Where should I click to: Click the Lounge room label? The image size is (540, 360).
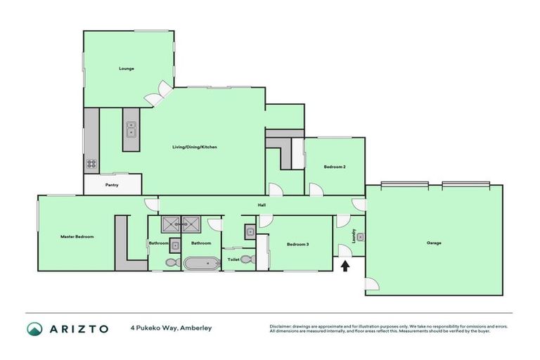(127, 68)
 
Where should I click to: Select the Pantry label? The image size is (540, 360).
(112, 185)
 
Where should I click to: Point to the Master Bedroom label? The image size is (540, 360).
(77, 236)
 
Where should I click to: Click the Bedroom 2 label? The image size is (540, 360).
(334, 167)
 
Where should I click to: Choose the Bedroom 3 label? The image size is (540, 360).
(297, 244)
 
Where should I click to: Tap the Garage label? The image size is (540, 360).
(434, 243)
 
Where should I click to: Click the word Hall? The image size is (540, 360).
(262, 205)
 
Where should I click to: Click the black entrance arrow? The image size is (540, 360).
(345, 266)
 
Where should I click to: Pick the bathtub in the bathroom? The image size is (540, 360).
(202, 263)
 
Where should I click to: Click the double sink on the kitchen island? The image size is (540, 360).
(131, 129)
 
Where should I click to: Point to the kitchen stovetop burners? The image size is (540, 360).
(91, 164)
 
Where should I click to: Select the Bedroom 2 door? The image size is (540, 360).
(315, 189)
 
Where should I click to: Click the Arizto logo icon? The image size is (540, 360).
(34, 328)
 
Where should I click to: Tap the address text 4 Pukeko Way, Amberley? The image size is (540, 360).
(170, 328)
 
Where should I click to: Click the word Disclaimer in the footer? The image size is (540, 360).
(281, 326)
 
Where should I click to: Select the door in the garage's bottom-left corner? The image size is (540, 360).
(372, 285)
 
